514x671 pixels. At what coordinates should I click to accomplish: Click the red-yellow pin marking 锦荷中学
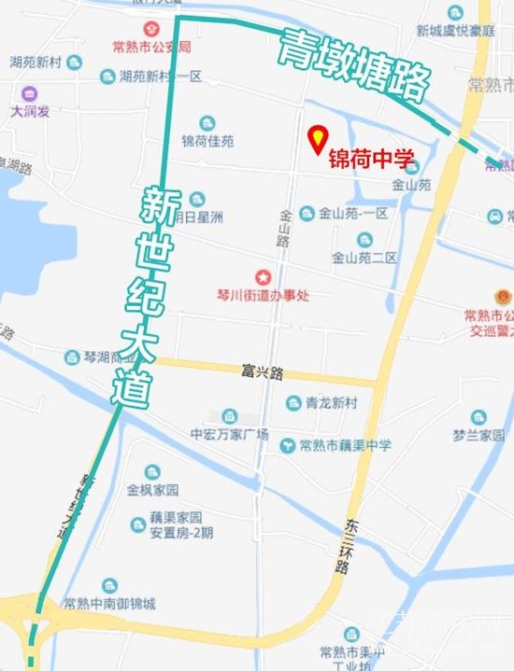(x=318, y=139)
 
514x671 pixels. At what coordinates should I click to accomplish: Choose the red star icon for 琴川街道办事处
(x=264, y=276)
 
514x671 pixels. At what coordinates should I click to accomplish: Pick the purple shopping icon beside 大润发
(x=29, y=94)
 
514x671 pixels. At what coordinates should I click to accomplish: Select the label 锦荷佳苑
(x=207, y=142)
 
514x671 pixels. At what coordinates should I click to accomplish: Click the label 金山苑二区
(x=364, y=257)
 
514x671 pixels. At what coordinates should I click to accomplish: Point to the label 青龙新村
(x=331, y=403)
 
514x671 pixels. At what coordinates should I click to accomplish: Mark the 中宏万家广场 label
(x=229, y=434)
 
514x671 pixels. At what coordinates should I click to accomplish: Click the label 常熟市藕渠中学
(x=346, y=445)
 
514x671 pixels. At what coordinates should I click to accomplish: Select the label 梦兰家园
(x=478, y=435)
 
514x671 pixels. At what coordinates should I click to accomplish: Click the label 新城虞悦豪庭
(x=455, y=30)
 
